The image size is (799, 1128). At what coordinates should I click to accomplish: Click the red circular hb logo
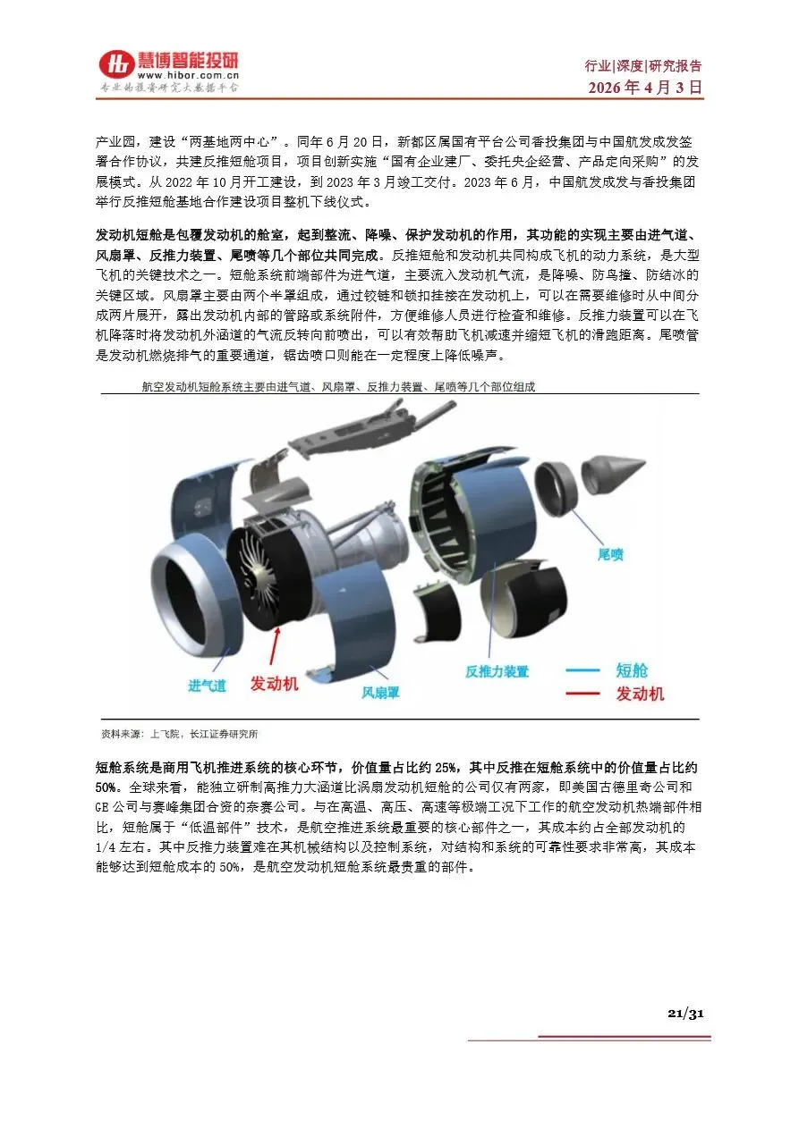tap(116, 64)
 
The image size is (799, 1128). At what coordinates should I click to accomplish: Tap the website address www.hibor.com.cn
tap(188, 76)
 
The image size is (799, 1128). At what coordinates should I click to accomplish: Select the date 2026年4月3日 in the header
tap(645, 87)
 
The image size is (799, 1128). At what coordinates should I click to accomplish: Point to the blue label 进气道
tap(208, 686)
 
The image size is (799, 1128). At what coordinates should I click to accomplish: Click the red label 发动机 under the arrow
tap(274, 684)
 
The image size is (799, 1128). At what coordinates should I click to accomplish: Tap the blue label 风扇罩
tap(380, 693)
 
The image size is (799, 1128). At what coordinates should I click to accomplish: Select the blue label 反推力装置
tap(497, 671)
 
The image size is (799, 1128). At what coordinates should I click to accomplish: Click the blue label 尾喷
tap(610, 554)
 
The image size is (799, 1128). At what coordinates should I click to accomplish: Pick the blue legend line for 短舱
tap(582, 670)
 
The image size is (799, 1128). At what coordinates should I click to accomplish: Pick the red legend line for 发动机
tap(582, 694)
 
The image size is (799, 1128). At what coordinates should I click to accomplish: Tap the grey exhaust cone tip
tap(644, 461)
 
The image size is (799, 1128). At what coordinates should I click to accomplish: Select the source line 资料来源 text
tap(180, 734)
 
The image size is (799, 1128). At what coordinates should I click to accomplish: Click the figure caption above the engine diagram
tap(337, 387)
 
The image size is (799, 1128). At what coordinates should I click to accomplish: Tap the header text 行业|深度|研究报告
tap(643, 65)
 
